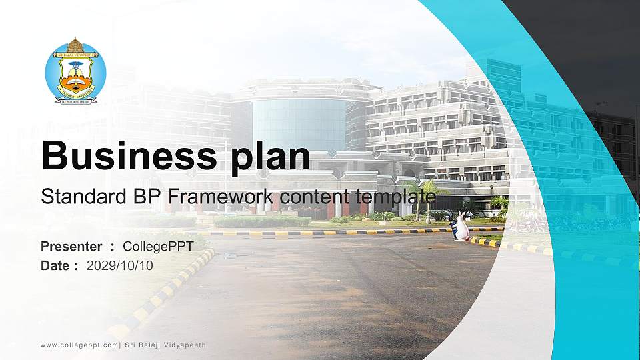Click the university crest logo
pyautogui.click(x=75, y=71)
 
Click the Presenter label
pyautogui.click(x=71, y=247)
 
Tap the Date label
pyautogui.click(x=55, y=265)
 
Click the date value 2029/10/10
pyautogui.click(x=120, y=265)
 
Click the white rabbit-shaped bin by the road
pyautogui.click(x=460, y=227)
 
